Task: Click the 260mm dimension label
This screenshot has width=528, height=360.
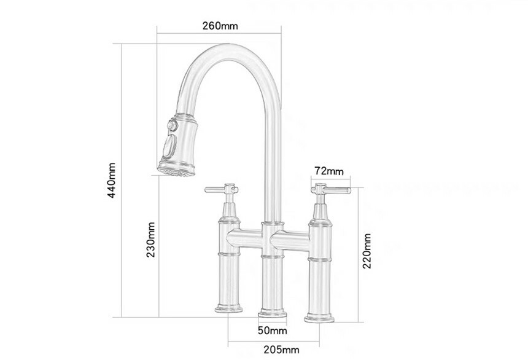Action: point(220,26)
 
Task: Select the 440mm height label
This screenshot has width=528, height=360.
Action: point(112,181)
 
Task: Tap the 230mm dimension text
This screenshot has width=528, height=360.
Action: point(150,240)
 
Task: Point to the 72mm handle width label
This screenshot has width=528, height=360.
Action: point(329,171)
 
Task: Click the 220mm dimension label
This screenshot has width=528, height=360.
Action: point(367,251)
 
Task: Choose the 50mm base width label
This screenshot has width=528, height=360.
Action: point(273,331)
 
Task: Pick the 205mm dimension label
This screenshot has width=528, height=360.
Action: point(282,350)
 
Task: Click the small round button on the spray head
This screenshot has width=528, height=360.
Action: point(173,125)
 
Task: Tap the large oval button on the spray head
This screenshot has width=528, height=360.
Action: point(169,146)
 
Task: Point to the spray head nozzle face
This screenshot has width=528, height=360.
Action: point(176,171)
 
